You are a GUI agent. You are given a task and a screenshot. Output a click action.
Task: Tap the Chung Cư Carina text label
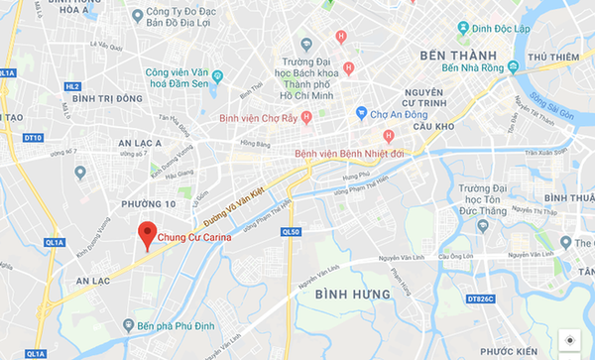point(196,237)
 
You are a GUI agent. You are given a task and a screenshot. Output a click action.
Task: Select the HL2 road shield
point(71,86)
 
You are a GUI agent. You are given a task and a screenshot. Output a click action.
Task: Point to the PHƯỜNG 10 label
point(141,203)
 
